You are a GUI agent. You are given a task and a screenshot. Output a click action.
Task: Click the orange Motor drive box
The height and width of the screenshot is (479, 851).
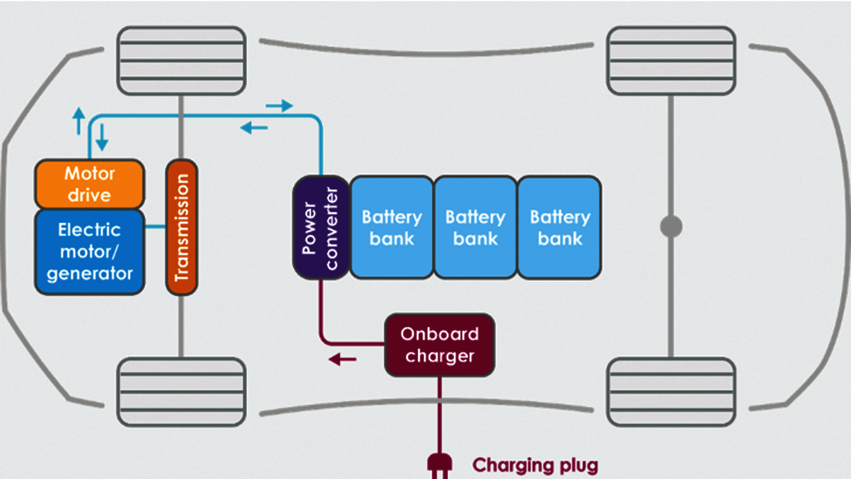pos(89,184)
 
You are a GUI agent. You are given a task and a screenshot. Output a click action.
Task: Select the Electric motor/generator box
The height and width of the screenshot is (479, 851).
pos(89,252)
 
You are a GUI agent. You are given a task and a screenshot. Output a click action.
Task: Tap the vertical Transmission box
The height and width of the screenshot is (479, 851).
pos(182,227)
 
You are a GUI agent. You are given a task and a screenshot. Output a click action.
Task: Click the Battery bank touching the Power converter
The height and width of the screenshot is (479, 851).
pos(392,227)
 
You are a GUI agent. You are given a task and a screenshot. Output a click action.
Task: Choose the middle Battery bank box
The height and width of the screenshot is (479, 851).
pos(476,227)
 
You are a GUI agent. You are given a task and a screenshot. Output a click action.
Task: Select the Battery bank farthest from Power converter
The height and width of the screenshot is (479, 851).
pos(559,227)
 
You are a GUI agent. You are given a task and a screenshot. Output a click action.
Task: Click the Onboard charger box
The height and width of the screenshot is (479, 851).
pos(439,345)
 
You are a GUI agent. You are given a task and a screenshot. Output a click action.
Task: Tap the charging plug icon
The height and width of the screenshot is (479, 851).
pos(439,464)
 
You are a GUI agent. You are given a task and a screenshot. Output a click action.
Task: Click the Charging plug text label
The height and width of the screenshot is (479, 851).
pos(535,465)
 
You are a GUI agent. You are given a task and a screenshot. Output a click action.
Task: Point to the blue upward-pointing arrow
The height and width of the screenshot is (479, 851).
pos(79,120)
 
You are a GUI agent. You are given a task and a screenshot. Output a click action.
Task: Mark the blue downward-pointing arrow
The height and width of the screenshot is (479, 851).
pos(102,137)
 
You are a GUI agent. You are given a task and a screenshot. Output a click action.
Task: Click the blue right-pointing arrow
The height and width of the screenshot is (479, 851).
pos(279,105)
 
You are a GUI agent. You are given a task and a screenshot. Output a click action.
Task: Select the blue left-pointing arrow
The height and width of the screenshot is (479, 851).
pos(254,128)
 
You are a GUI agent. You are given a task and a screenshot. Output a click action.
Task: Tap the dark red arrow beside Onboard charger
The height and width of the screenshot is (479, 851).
pos(342,359)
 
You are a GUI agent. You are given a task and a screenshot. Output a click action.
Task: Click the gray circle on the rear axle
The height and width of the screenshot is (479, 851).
pos(671,227)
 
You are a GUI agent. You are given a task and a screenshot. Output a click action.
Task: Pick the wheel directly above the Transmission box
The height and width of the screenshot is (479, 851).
pos(182,60)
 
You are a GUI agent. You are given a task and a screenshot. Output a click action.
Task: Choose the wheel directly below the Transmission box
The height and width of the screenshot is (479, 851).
pos(182,392)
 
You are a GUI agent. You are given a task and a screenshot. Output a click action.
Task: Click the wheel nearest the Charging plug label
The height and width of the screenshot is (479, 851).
pos(671,392)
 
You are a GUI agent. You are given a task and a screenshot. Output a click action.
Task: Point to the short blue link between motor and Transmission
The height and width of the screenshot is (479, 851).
pos(155,227)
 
